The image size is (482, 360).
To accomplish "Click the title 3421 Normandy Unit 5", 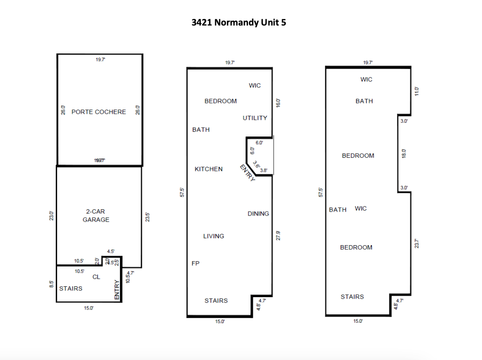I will (x=239, y=23).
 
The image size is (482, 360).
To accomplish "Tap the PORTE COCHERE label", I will (x=99, y=112).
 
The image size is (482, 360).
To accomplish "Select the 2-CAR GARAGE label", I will (x=96, y=216).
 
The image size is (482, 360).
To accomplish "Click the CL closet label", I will (x=96, y=277).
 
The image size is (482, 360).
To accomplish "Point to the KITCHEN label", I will (x=208, y=169).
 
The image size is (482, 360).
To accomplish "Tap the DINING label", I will (x=258, y=214).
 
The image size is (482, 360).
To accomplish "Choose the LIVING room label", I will (x=214, y=236).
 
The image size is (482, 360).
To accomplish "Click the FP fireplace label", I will (x=195, y=264).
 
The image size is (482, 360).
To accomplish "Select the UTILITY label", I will (x=255, y=118).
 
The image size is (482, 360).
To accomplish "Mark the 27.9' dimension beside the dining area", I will (x=278, y=235).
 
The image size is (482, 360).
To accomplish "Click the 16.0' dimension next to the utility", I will (x=278, y=103).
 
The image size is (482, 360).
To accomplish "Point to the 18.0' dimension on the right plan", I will (x=404, y=154).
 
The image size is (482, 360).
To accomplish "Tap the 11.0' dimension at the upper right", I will (x=416, y=91).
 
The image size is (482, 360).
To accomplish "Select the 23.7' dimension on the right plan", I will (x=416, y=244).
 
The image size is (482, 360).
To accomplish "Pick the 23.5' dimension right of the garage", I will (x=147, y=216).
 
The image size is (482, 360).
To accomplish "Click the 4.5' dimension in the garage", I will (x=111, y=252).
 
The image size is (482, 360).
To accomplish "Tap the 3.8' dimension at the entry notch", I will (x=264, y=171).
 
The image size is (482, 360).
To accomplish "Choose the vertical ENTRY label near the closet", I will (x=117, y=290).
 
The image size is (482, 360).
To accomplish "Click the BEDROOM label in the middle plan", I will (x=221, y=101).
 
